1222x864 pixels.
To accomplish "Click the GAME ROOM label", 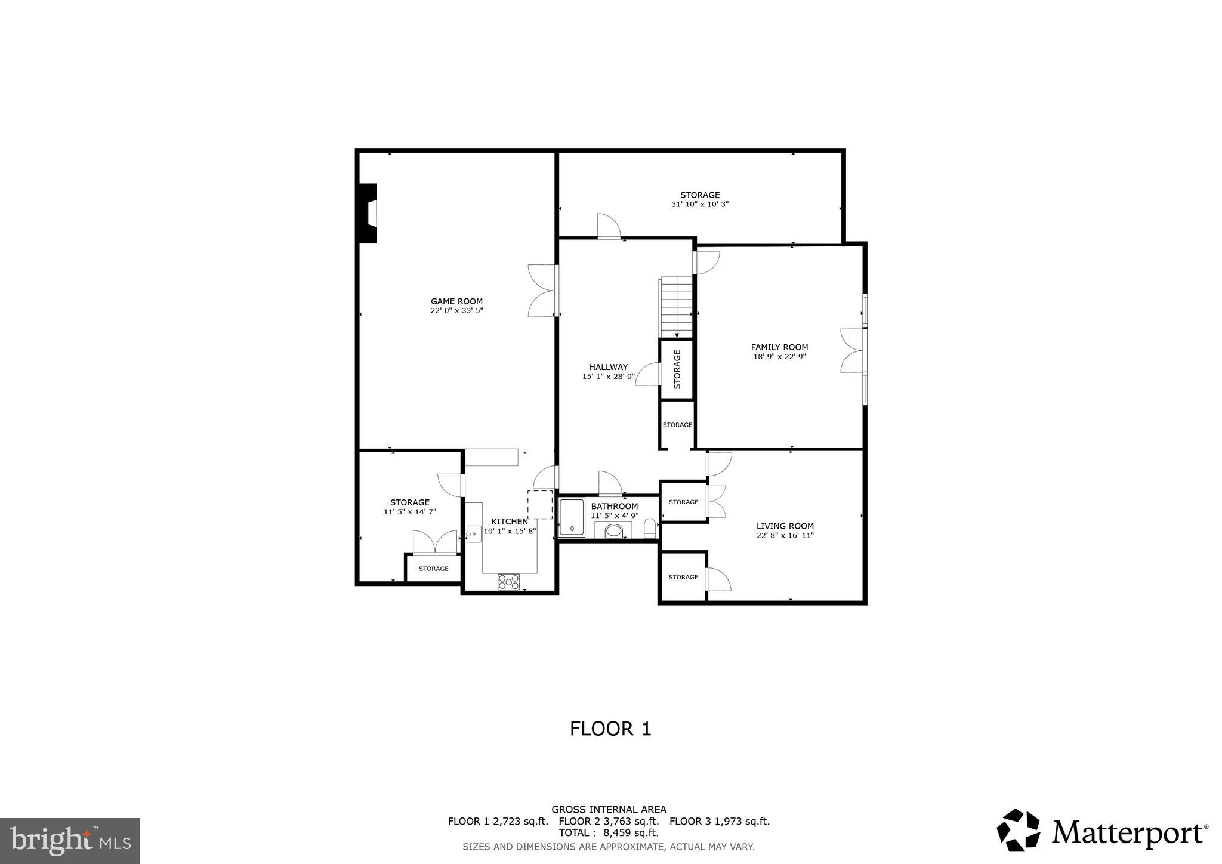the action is click(x=456, y=301).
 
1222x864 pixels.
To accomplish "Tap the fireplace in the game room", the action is click(x=368, y=213).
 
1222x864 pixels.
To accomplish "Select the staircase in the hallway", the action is click(x=676, y=307).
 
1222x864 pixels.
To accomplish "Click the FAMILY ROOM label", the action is click(x=779, y=347).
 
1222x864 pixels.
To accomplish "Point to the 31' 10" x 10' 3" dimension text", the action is click(x=700, y=204).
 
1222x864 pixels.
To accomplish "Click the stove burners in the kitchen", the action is click(x=508, y=582).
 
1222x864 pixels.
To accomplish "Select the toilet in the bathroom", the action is click(x=650, y=528).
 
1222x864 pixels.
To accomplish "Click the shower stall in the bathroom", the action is click(x=572, y=517).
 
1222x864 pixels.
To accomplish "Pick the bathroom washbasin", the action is click(x=613, y=530).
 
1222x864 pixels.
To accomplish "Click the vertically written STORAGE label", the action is click(x=677, y=369).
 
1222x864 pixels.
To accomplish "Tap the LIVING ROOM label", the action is click(x=785, y=526).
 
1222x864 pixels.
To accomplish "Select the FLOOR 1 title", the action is click(x=610, y=729).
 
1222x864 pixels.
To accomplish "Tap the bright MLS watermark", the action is click(x=70, y=841).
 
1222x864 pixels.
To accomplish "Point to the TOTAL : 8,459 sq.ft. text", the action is click(x=608, y=832).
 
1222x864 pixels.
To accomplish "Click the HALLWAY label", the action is click(x=608, y=367).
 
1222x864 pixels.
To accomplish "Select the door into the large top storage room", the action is click(x=609, y=227).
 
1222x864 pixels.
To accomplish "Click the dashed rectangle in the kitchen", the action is click(x=540, y=504).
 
